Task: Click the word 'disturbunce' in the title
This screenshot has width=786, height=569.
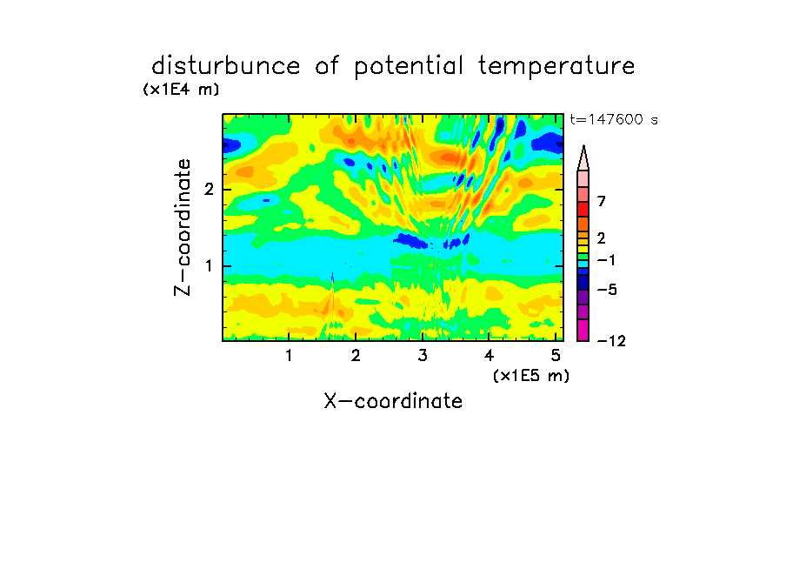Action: pos(226,65)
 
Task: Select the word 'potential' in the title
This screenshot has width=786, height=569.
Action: pos(408,67)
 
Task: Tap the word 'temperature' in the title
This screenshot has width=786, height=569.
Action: pos(556,67)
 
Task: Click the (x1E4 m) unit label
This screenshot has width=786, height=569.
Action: pos(181,90)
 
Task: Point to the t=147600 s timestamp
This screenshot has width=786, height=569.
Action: pos(614,119)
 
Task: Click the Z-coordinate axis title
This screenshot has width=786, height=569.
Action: pos(183,227)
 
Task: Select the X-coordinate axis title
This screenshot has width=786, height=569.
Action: pos(393,401)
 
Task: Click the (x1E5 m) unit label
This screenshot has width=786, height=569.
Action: pos(531,375)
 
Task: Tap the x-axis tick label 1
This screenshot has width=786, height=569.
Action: pos(289,355)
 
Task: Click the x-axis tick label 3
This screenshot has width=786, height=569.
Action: pos(423,355)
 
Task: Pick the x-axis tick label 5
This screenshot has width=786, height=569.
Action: pos(556,355)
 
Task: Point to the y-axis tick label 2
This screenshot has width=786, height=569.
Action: pos(209,190)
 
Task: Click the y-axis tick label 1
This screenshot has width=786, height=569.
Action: pos(209,266)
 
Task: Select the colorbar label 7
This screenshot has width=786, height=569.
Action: pos(602,201)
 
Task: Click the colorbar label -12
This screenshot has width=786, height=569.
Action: pos(611,341)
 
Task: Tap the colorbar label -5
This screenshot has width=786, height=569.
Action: pos(607,290)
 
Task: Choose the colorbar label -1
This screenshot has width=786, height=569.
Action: pos(606,260)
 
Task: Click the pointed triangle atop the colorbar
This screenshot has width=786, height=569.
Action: pos(583,157)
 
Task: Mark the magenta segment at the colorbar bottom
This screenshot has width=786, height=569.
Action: pos(583,330)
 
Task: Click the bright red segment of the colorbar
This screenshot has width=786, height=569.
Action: pos(583,209)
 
